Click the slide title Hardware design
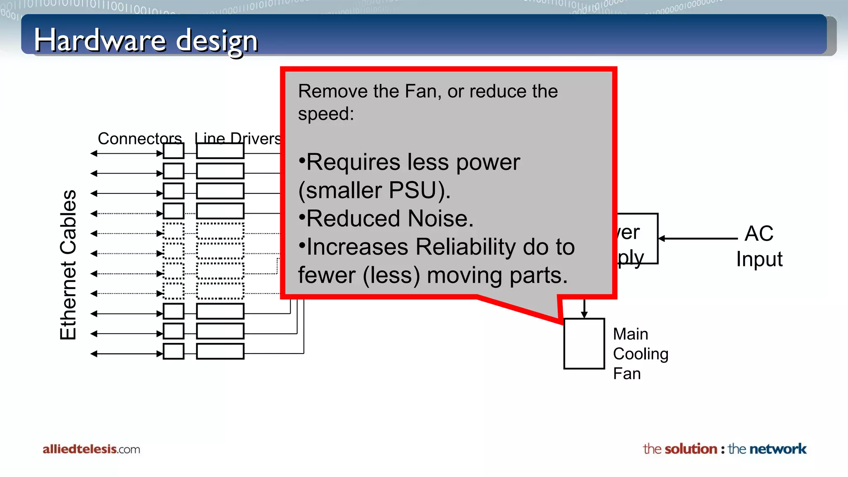(146, 41)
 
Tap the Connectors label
(140, 138)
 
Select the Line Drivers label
(237, 138)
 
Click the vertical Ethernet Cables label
(68, 265)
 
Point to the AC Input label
(759, 246)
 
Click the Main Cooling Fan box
(584, 343)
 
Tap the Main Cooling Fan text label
(640, 354)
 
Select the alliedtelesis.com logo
(91, 449)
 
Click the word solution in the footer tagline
(691, 449)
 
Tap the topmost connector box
(173, 151)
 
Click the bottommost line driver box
(220, 351)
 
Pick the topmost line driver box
(220, 151)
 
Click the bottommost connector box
(173, 351)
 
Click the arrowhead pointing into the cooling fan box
(584, 315)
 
